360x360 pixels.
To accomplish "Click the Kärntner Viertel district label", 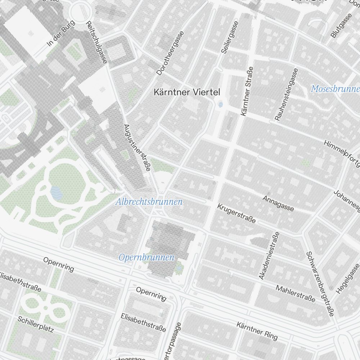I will point(186,92).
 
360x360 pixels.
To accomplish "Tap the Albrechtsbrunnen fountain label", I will point(149,202).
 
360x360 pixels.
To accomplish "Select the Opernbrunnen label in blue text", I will point(147,257).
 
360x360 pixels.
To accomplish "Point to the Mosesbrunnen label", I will point(335,89).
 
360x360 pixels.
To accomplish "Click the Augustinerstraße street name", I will point(137,148).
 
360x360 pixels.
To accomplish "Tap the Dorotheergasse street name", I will point(170,53).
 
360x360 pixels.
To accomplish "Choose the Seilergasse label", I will point(230,37).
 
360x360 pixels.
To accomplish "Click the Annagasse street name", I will point(278,203).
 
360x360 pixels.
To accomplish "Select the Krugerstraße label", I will point(237,213).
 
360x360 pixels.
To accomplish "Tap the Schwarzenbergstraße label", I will point(320,284).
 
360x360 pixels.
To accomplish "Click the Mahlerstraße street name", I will point(296,293).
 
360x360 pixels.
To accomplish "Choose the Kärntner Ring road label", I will point(257,331).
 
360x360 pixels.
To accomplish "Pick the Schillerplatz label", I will point(36,324).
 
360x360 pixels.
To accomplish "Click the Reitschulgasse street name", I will point(96,42).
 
